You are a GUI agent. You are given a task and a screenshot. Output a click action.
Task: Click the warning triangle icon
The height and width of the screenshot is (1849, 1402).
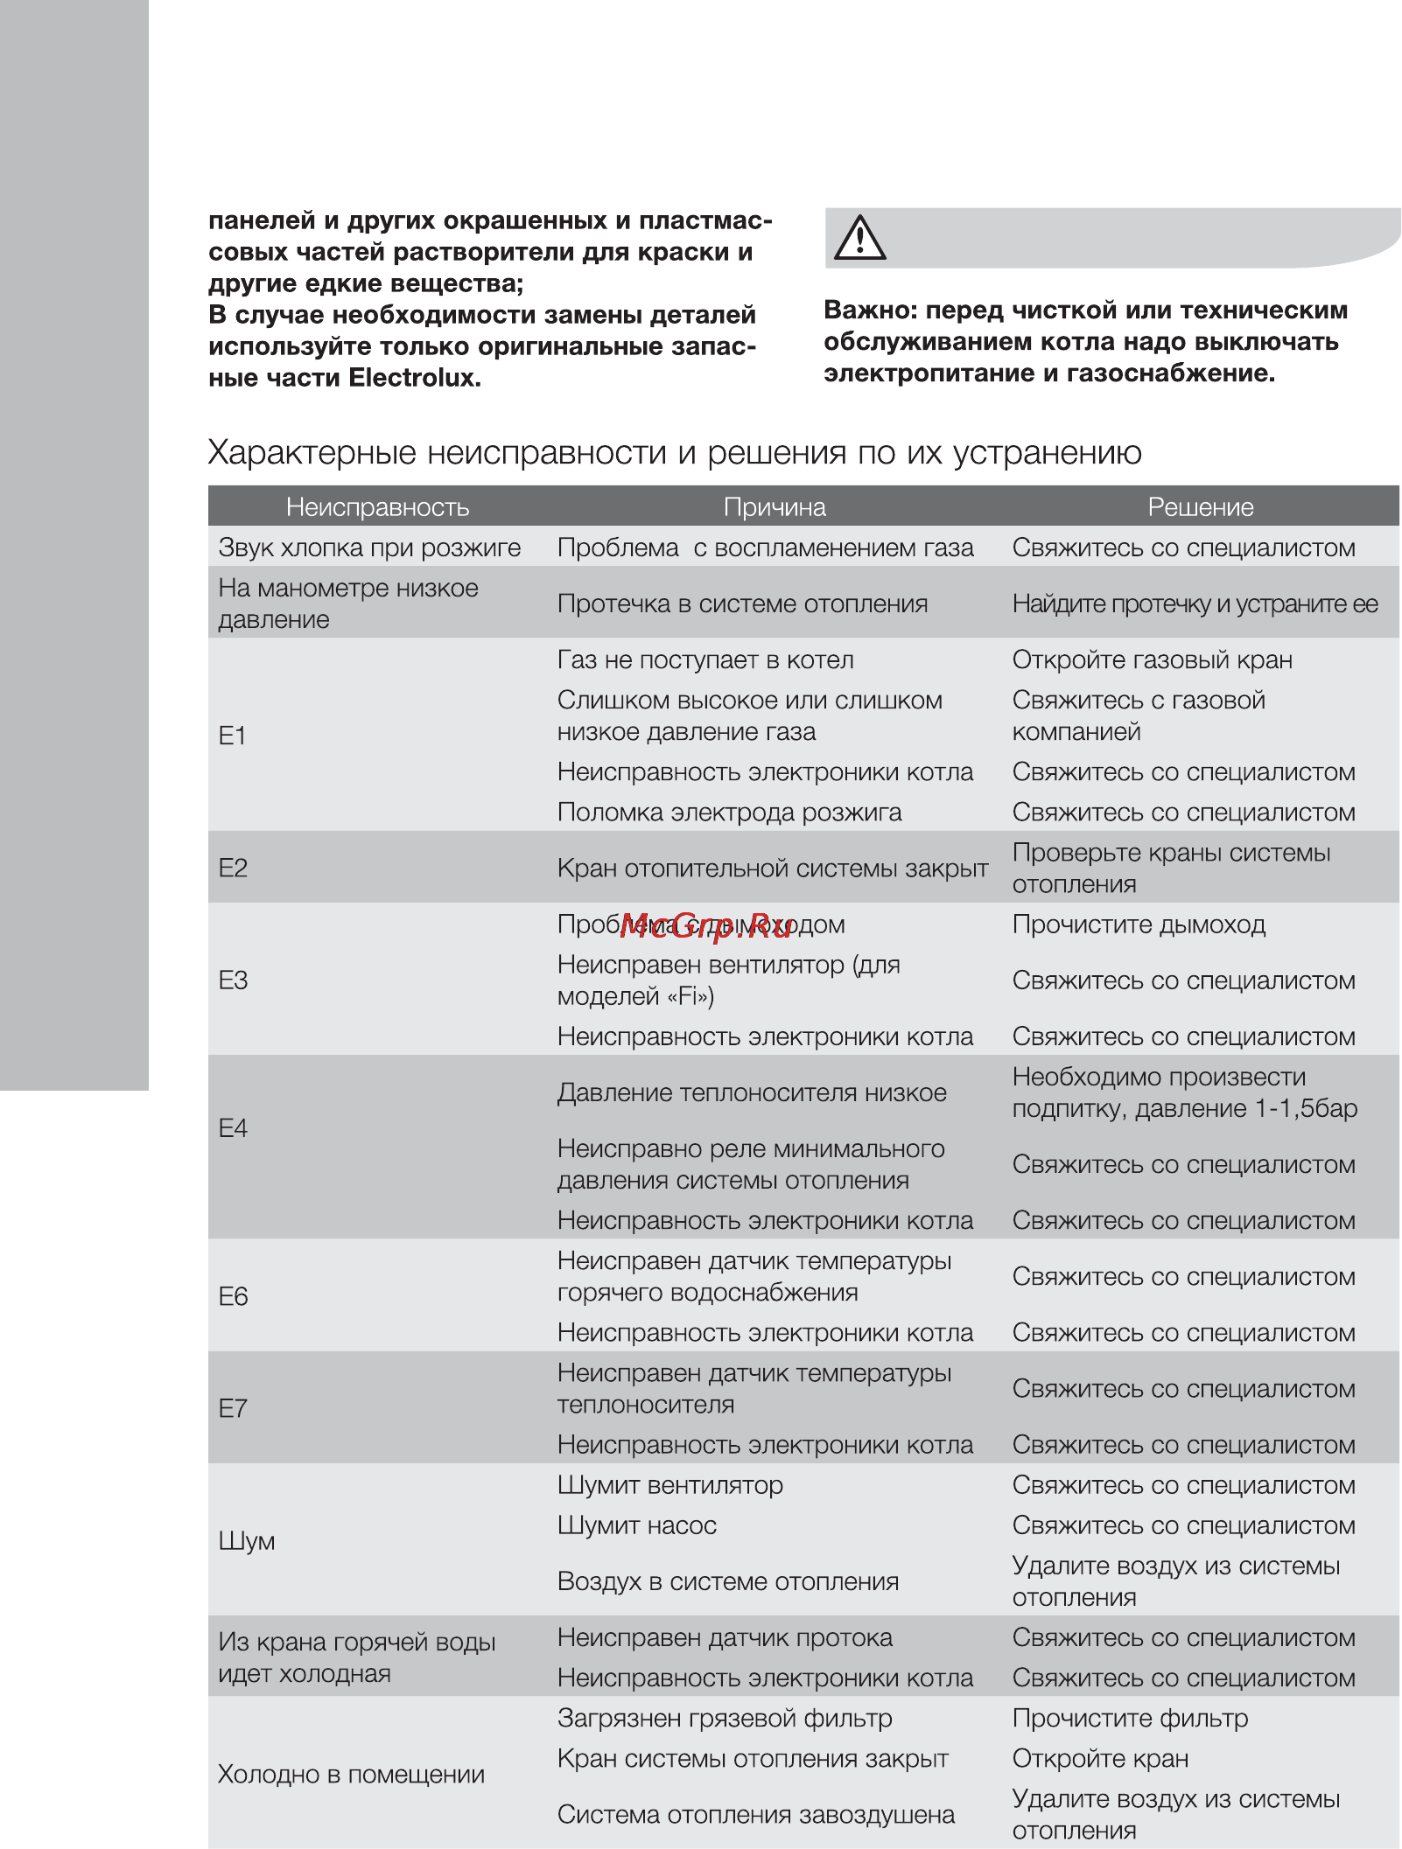[859, 239]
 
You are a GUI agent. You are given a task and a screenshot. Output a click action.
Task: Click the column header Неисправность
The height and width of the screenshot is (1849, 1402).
[377, 507]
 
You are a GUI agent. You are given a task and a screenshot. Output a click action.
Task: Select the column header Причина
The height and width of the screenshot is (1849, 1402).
[775, 507]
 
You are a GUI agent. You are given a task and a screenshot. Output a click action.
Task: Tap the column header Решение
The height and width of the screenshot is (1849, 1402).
[1201, 507]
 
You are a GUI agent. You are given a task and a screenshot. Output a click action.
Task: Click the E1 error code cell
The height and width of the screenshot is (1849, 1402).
[233, 736]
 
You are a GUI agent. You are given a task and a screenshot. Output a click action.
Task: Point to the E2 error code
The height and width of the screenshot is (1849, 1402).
[233, 868]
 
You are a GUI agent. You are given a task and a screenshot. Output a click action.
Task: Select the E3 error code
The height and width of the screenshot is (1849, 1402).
[233, 980]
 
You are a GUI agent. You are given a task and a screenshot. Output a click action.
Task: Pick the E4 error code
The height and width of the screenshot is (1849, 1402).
[233, 1128]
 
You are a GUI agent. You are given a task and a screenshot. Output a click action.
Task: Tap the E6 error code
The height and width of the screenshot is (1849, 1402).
[233, 1296]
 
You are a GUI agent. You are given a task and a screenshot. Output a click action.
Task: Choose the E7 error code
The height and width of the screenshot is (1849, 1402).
[233, 1408]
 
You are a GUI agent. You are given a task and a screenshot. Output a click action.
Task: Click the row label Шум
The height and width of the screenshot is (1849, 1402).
[247, 1541]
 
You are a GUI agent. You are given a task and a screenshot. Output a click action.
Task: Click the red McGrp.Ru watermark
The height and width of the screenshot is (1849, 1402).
[705, 927]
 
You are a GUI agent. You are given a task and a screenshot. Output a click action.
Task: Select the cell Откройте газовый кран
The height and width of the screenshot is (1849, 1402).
[1152, 659]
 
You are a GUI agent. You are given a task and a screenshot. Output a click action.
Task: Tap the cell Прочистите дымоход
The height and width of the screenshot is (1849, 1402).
[1139, 924]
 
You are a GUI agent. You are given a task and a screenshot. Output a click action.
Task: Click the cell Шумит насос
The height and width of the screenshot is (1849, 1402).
[637, 1525]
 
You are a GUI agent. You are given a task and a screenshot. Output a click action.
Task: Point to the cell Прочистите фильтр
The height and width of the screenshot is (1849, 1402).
[1130, 1718]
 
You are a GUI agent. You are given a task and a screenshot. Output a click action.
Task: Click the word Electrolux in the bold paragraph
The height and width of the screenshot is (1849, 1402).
[414, 378]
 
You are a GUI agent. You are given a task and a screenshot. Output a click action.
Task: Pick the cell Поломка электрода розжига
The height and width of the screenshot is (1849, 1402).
[729, 813]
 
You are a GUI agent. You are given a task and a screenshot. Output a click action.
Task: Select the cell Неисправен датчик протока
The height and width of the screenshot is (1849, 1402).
[725, 1637]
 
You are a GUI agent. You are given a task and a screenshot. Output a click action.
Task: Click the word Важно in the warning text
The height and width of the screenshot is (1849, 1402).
[867, 310]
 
